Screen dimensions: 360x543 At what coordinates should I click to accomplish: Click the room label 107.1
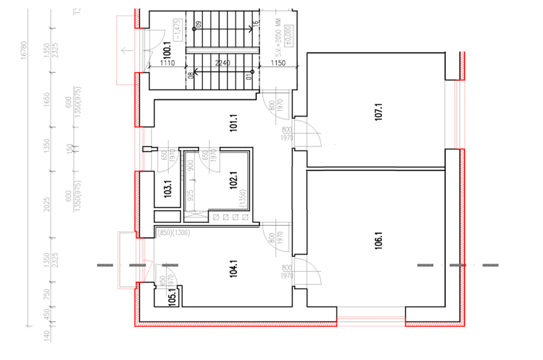(378, 112)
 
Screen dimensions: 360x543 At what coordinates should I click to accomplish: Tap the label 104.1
(234, 268)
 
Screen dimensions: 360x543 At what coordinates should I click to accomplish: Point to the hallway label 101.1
(234, 123)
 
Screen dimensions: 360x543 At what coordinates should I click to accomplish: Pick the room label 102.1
(234, 180)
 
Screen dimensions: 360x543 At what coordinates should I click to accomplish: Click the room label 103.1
(167, 189)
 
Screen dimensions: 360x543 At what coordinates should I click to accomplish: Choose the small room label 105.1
(172, 297)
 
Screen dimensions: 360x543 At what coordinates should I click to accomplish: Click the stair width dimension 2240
(222, 63)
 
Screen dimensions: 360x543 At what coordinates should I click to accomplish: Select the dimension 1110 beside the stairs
(167, 63)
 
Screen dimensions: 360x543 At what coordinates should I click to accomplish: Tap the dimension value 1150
(278, 63)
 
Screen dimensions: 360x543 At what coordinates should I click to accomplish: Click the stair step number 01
(249, 75)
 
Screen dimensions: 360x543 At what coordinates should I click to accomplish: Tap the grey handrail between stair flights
(222, 50)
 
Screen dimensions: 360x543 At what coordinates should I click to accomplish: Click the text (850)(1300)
(174, 232)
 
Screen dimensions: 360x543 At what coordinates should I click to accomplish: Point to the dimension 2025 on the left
(47, 204)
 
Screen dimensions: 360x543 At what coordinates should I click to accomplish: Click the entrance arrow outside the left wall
(127, 50)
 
